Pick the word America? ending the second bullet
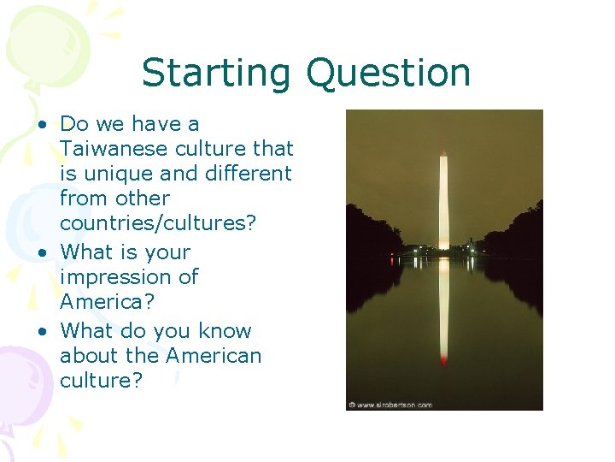tap(107, 302)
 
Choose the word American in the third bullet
tap(214, 355)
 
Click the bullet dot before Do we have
tap(41, 125)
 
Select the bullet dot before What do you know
tap(41, 332)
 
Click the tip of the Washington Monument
tap(443, 153)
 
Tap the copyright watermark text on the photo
tap(390, 405)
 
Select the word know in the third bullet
tap(225, 331)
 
